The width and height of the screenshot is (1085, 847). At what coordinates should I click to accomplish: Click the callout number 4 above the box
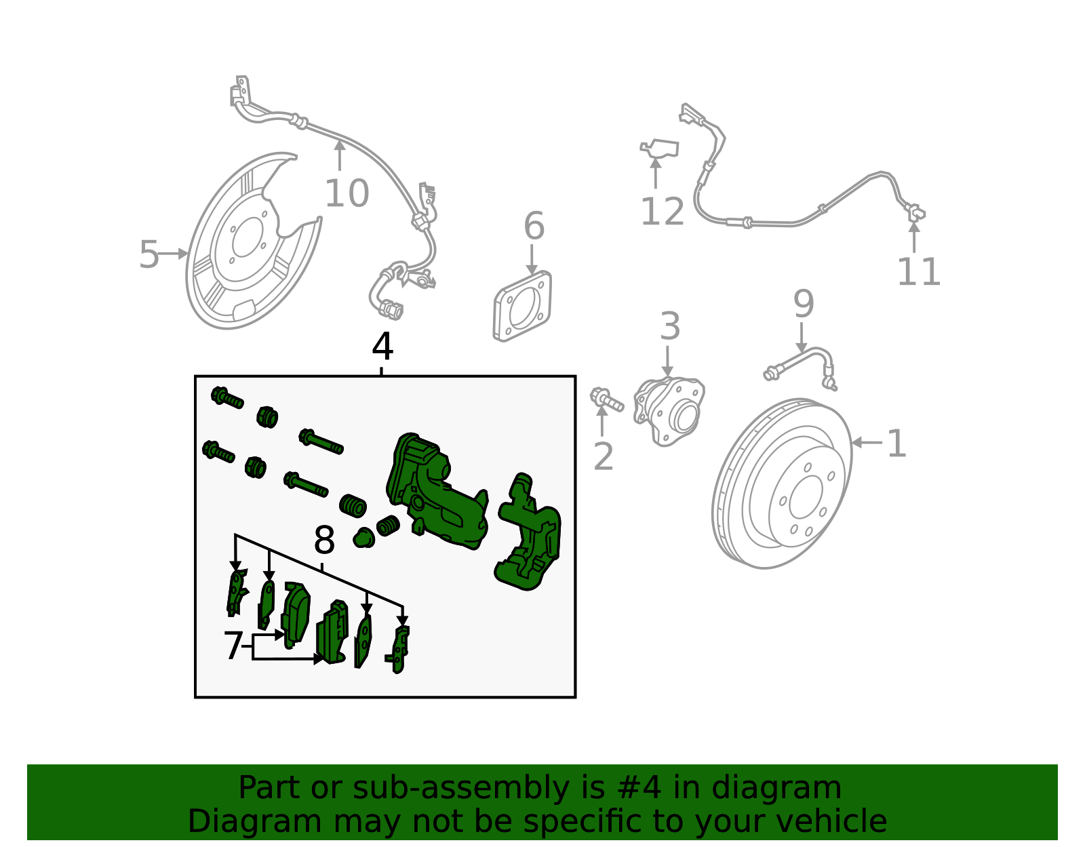[x=382, y=347]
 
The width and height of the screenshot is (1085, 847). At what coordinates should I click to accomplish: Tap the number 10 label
[x=347, y=194]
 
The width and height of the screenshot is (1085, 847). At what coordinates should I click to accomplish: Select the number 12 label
[x=662, y=212]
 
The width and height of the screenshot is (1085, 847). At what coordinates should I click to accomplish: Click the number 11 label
[x=919, y=272]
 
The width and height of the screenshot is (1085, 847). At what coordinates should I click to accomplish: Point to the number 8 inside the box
[x=325, y=541]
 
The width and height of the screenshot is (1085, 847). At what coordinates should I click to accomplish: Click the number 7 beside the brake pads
[x=233, y=646]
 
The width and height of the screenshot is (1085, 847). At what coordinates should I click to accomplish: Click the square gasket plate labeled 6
[x=522, y=306]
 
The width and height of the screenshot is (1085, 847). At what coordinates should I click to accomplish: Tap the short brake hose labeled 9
[x=802, y=366]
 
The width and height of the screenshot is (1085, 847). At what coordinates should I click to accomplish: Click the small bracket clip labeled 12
[x=660, y=149]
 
